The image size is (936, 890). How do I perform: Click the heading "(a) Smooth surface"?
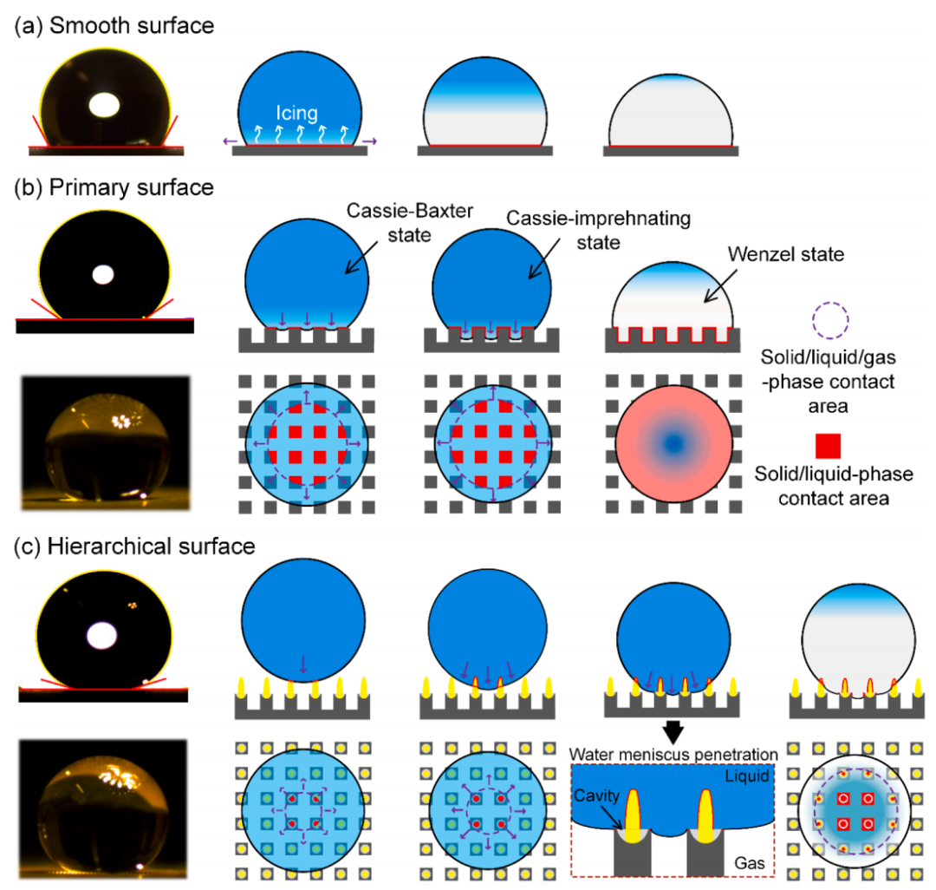(114, 26)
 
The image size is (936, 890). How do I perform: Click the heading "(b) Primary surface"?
(114, 187)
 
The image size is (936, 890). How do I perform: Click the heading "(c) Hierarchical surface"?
(134, 546)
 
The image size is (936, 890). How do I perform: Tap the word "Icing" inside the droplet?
(296, 113)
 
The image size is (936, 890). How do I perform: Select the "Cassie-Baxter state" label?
(409, 223)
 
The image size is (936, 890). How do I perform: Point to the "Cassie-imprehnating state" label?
(598, 230)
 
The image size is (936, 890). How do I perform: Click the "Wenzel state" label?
(785, 254)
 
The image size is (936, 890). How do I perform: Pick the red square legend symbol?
(828, 446)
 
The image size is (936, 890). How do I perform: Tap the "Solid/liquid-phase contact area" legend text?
(834, 486)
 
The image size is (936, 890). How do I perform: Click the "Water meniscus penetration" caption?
(673, 755)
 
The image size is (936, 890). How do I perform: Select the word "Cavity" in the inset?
(596, 795)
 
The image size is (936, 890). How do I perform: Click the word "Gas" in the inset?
(749, 863)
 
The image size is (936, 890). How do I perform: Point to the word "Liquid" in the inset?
(747, 775)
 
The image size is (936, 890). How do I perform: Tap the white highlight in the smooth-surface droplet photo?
(104, 106)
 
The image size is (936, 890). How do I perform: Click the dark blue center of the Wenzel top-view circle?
(673, 444)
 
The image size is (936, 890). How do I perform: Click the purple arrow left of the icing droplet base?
(230, 141)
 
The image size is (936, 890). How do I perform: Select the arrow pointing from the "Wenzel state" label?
(720, 286)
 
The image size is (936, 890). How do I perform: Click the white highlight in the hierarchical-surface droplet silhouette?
(102, 636)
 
